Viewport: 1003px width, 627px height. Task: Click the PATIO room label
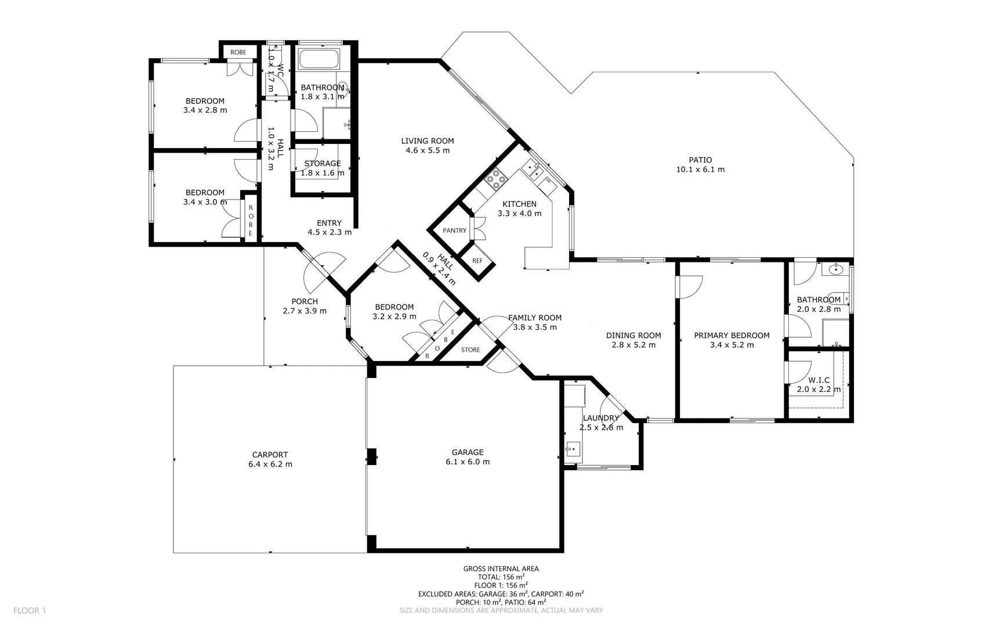[x=700, y=160]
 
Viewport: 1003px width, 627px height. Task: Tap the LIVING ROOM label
[x=428, y=141]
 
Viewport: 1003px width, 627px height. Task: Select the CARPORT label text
[x=270, y=455]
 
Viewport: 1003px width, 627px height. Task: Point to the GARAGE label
[x=468, y=452]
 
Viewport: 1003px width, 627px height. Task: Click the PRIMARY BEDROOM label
[x=732, y=336]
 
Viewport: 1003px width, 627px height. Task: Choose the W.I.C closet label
[x=819, y=380]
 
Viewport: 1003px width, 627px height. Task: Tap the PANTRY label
[x=455, y=230]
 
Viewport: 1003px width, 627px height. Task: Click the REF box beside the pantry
[x=477, y=261]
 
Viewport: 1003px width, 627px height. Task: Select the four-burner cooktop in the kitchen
[x=496, y=179]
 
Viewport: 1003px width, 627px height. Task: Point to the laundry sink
[x=573, y=448]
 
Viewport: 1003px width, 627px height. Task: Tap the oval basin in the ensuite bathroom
[x=836, y=269]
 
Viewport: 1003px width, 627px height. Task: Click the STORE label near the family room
[x=470, y=350]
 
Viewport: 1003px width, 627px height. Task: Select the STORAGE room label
[x=323, y=164]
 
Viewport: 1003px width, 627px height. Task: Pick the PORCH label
[x=305, y=302]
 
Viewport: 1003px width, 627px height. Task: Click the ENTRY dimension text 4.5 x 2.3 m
[x=329, y=233]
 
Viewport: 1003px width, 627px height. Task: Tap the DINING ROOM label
[x=633, y=336]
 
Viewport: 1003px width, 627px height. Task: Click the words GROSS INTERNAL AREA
[x=501, y=569]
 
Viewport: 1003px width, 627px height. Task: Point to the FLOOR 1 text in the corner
[x=30, y=611]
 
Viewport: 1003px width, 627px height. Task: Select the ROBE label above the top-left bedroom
[x=238, y=52]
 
